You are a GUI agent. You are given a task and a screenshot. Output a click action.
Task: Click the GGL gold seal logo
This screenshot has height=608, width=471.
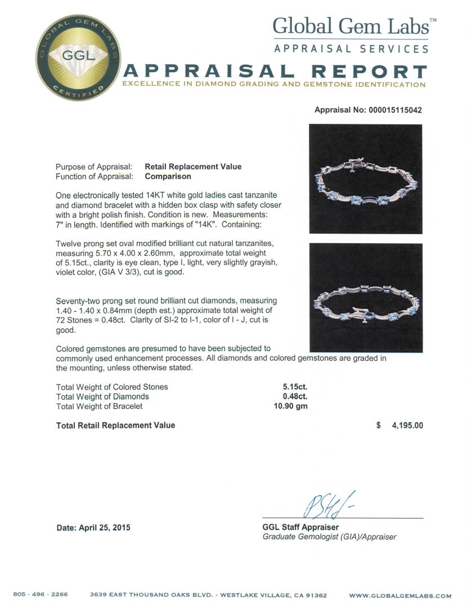pyautogui.click(x=79, y=57)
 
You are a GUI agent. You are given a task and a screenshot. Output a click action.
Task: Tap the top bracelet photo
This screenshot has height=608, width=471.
pyautogui.click(x=365, y=178)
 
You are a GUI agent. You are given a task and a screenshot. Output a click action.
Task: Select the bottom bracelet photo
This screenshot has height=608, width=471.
pyautogui.click(x=365, y=297)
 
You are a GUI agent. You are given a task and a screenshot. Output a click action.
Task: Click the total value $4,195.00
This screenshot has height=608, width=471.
pyautogui.click(x=400, y=426)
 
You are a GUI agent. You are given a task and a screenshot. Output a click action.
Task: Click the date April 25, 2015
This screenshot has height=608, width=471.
pyautogui.click(x=93, y=527)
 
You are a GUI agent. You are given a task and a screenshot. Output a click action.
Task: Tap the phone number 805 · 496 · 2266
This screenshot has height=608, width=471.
pyautogui.click(x=41, y=595)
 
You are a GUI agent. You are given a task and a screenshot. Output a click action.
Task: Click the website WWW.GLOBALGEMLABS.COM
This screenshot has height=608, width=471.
pyautogui.click(x=400, y=596)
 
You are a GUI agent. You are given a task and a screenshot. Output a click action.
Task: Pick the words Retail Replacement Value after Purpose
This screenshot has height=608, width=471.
pyautogui.click(x=193, y=167)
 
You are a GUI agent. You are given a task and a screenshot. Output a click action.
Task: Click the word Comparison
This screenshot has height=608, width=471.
pyautogui.click(x=168, y=176)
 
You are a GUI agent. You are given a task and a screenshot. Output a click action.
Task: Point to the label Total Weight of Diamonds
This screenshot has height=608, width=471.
pyautogui.click(x=102, y=396)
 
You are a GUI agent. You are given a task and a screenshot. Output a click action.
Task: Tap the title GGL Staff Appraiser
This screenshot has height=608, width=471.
pyautogui.click(x=300, y=527)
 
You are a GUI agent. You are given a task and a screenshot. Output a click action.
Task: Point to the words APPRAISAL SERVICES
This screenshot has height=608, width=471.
pyautogui.click(x=351, y=49)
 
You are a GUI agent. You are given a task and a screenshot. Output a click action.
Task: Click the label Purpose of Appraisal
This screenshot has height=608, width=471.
pyautogui.click(x=94, y=167)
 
